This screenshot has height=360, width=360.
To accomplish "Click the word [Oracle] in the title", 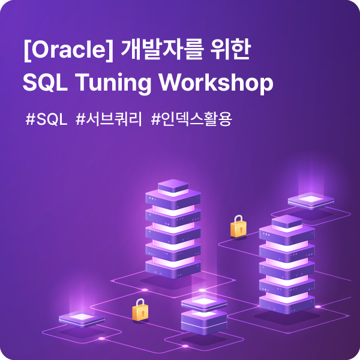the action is (68, 50).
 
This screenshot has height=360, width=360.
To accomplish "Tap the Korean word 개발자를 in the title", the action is (163, 50).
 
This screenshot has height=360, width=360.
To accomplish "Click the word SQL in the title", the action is (45, 82).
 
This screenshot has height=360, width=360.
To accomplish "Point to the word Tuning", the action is (113, 84).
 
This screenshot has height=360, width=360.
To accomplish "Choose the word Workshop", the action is (216, 83).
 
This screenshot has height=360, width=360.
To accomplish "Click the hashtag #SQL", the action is (47, 119).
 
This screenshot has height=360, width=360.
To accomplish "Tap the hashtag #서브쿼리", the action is (109, 119).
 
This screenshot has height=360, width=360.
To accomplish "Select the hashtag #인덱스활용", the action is (192, 119).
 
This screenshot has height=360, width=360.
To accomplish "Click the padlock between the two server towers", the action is (239, 226).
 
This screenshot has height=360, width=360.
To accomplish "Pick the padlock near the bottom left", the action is (140, 310).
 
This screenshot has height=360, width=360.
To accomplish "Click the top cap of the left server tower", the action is (173, 187).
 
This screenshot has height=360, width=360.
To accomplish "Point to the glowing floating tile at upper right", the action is (311, 200).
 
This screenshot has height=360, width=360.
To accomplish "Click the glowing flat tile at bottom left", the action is (82, 319).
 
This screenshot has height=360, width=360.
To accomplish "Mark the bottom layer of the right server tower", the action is (287, 304).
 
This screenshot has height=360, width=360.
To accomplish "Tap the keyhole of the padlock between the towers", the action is (241, 230).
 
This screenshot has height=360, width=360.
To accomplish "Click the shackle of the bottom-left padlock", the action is (140, 302).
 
